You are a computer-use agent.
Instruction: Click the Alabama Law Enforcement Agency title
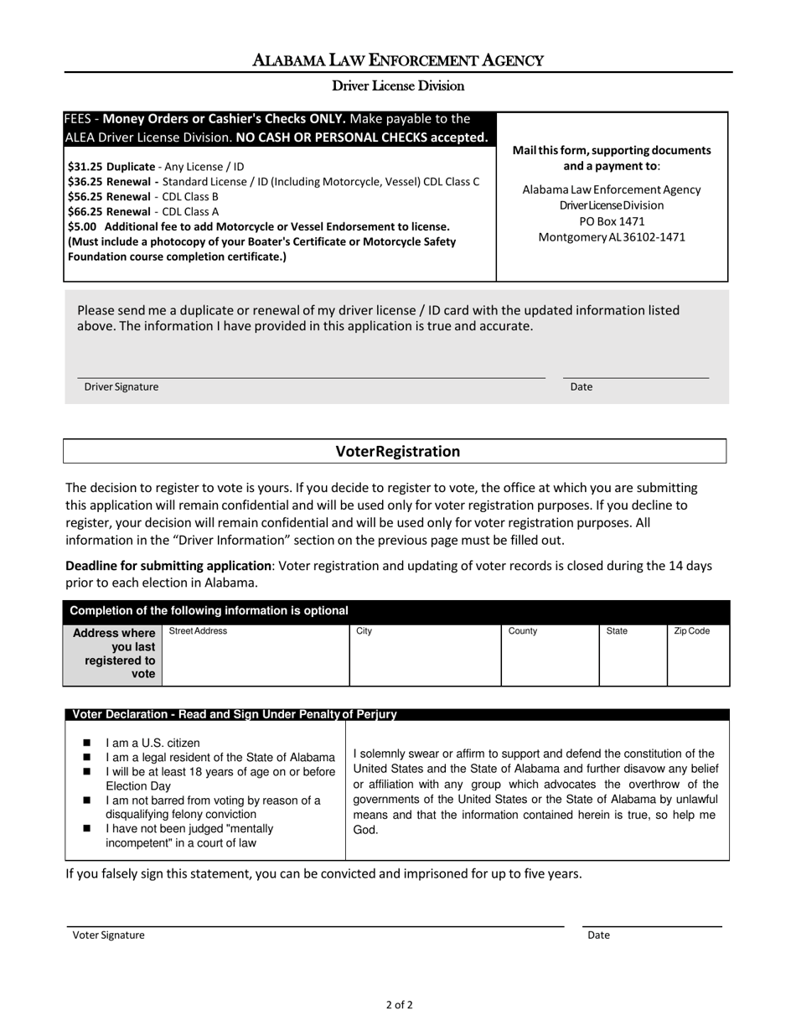pyautogui.click(x=398, y=60)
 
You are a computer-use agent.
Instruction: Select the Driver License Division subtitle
pyautogui.click(x=398, y=85)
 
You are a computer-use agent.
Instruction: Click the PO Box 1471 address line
pyautogui.click(x=612, y=221)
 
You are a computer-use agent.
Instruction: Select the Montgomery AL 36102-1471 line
pyautogui.click(x=612, y=237)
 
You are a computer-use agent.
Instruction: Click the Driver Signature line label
pyautogui.click(x=121, y=387)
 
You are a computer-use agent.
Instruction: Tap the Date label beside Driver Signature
pyautogui.click(x=581, y=387)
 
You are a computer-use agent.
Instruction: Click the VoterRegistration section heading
pyautogui.click(x=398, y=452)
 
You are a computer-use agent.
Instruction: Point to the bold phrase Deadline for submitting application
pyautogui.click(x=168, y=566)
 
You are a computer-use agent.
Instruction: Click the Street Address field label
pyautogui.click(x=198, y=631)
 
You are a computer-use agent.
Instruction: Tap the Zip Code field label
pyautogui.click(x=691, y=631)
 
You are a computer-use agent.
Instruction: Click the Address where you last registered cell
pyautogui.click(x=114, y=653)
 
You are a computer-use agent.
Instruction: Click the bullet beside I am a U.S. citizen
pyautogui.click(x=87, y=743)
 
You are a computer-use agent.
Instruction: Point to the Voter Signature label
pyautogui.click(x=108, y=935)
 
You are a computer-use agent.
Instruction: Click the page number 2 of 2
pyautogui.click(x=399, y=1004)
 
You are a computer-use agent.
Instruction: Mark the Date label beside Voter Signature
pyautogui.click(x=598, y=935)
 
